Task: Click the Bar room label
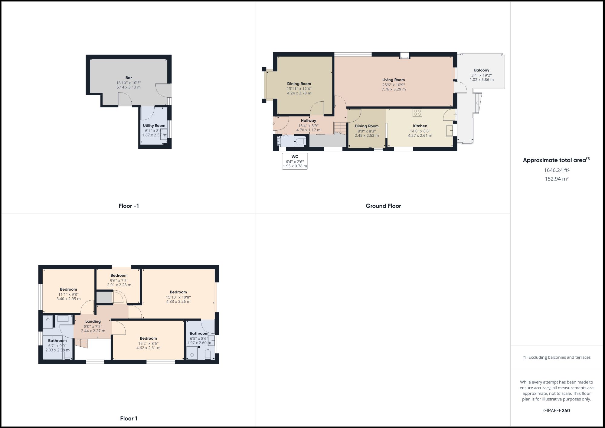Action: (x=129, y=78)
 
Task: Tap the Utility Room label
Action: (x=154, y=126)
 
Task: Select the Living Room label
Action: (x=393, y=80)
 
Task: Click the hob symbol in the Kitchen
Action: (x=417, y=113)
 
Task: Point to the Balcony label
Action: (x=482, y=70)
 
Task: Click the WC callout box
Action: (x=295, y=161)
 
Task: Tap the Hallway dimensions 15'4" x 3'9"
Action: (x=308, y=126)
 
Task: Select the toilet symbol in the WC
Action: (x=301, y=142)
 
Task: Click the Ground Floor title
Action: (x=383, y=206)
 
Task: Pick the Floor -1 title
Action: (x=129, y=206)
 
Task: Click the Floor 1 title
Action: (x=129, y=419)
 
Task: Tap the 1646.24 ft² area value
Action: (x=557, y=170)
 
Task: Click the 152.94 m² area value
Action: (x=557, y=179)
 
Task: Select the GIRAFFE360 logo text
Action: (x=557, y=410)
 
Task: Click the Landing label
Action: (x=93, y=322)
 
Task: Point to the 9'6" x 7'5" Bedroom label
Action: (x=119, y=276)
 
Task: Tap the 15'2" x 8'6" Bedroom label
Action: (x=148, y=338)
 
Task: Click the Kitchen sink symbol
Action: (x=450, y=130)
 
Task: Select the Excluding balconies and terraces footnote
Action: (x=557, y=357)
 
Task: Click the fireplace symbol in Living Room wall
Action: (x=404, y=55)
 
